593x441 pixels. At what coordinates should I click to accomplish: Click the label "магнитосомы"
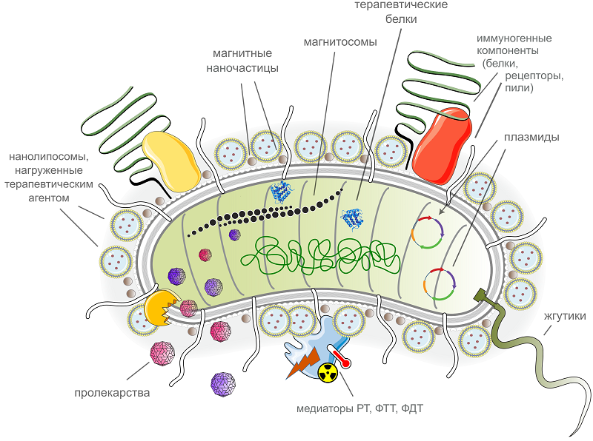(x=336, y=41)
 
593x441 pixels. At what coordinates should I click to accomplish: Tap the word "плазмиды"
(x=531, y=137)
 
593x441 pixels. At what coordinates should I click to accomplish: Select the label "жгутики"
(x=565, y=316)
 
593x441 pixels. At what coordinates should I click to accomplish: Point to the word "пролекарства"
(x=112, y=392)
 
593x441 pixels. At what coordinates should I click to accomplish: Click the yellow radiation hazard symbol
(x=328, y=374)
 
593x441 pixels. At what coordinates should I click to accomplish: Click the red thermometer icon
(x=340, y=356)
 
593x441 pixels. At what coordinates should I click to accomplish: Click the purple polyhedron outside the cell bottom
(x=222, y=384)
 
